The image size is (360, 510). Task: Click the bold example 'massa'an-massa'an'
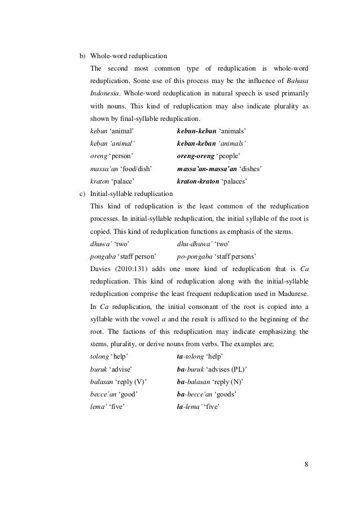tap(205, 168)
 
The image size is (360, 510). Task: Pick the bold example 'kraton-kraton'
tap(198, 181)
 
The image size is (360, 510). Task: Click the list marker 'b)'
tap(82, 56)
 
